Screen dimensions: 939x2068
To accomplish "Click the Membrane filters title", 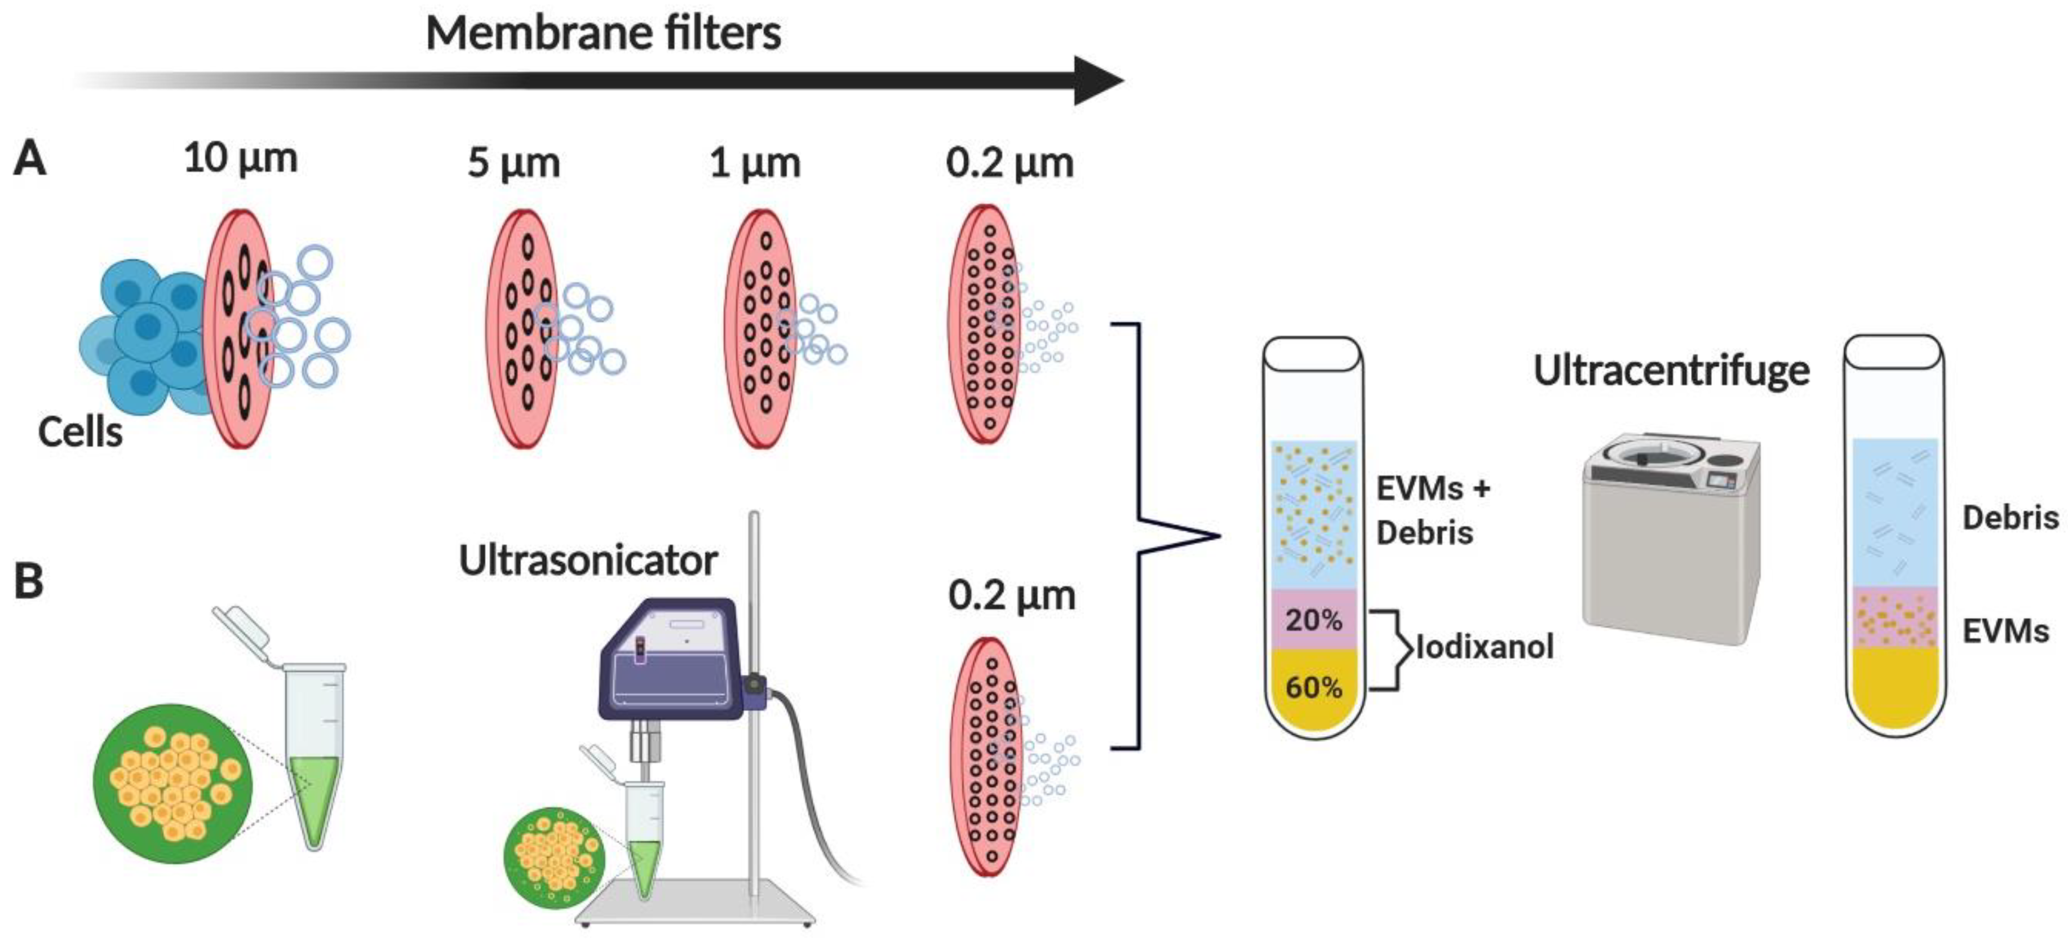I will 603,34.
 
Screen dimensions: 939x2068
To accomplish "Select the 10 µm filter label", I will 241,158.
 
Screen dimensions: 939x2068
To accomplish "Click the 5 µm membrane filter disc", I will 522,329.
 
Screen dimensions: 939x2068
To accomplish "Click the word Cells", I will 80,433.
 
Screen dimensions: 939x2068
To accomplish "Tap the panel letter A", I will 30,158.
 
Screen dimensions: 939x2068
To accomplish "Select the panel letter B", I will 29,581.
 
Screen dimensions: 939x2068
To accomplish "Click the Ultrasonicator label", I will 588,560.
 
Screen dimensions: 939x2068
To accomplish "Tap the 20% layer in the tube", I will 1313,620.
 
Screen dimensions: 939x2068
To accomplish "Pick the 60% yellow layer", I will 1313,688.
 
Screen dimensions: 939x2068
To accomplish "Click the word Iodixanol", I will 1485,647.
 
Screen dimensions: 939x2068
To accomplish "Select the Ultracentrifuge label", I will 1671,371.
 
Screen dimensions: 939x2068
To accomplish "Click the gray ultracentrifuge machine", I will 1670,546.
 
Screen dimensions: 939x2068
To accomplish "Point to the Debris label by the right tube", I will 2009,518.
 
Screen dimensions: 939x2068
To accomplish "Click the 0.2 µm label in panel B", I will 1012,595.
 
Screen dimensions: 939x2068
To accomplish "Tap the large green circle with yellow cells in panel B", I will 172,784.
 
